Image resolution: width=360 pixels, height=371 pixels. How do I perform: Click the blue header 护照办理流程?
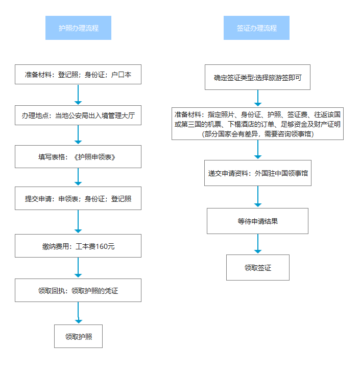coord(78,28)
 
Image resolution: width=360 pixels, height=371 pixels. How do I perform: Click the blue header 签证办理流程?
coord(256,28)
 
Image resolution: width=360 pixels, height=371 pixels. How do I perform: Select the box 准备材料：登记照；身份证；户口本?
coord(78,75)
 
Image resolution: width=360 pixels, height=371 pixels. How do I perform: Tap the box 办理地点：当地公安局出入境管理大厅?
coord(78,115)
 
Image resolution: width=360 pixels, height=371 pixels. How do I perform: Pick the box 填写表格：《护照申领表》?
coord(78,157)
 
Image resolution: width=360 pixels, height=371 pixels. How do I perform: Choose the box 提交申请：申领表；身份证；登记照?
coord(78,198)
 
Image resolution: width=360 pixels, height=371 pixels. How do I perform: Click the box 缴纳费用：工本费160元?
coord(78,246)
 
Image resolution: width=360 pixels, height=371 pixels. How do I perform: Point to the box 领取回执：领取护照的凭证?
coord(78,290)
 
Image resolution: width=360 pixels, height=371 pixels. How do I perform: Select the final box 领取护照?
coord(78,336)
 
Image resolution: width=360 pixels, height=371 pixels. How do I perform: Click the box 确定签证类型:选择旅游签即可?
coord(257,78)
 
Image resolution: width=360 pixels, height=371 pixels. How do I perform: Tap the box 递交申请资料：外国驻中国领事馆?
coord(257,173)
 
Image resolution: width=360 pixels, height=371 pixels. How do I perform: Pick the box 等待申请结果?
coord(257,221)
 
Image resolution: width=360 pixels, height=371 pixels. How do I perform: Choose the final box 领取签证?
coord(257,267)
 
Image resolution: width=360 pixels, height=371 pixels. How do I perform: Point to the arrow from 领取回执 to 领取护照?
coord(78,313)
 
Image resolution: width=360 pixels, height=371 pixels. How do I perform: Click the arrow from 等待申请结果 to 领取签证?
coord(257,244)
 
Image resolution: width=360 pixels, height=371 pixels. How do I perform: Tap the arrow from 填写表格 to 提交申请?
coord(78,176)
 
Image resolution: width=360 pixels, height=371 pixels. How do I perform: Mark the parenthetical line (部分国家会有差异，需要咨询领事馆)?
coord(257,134)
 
